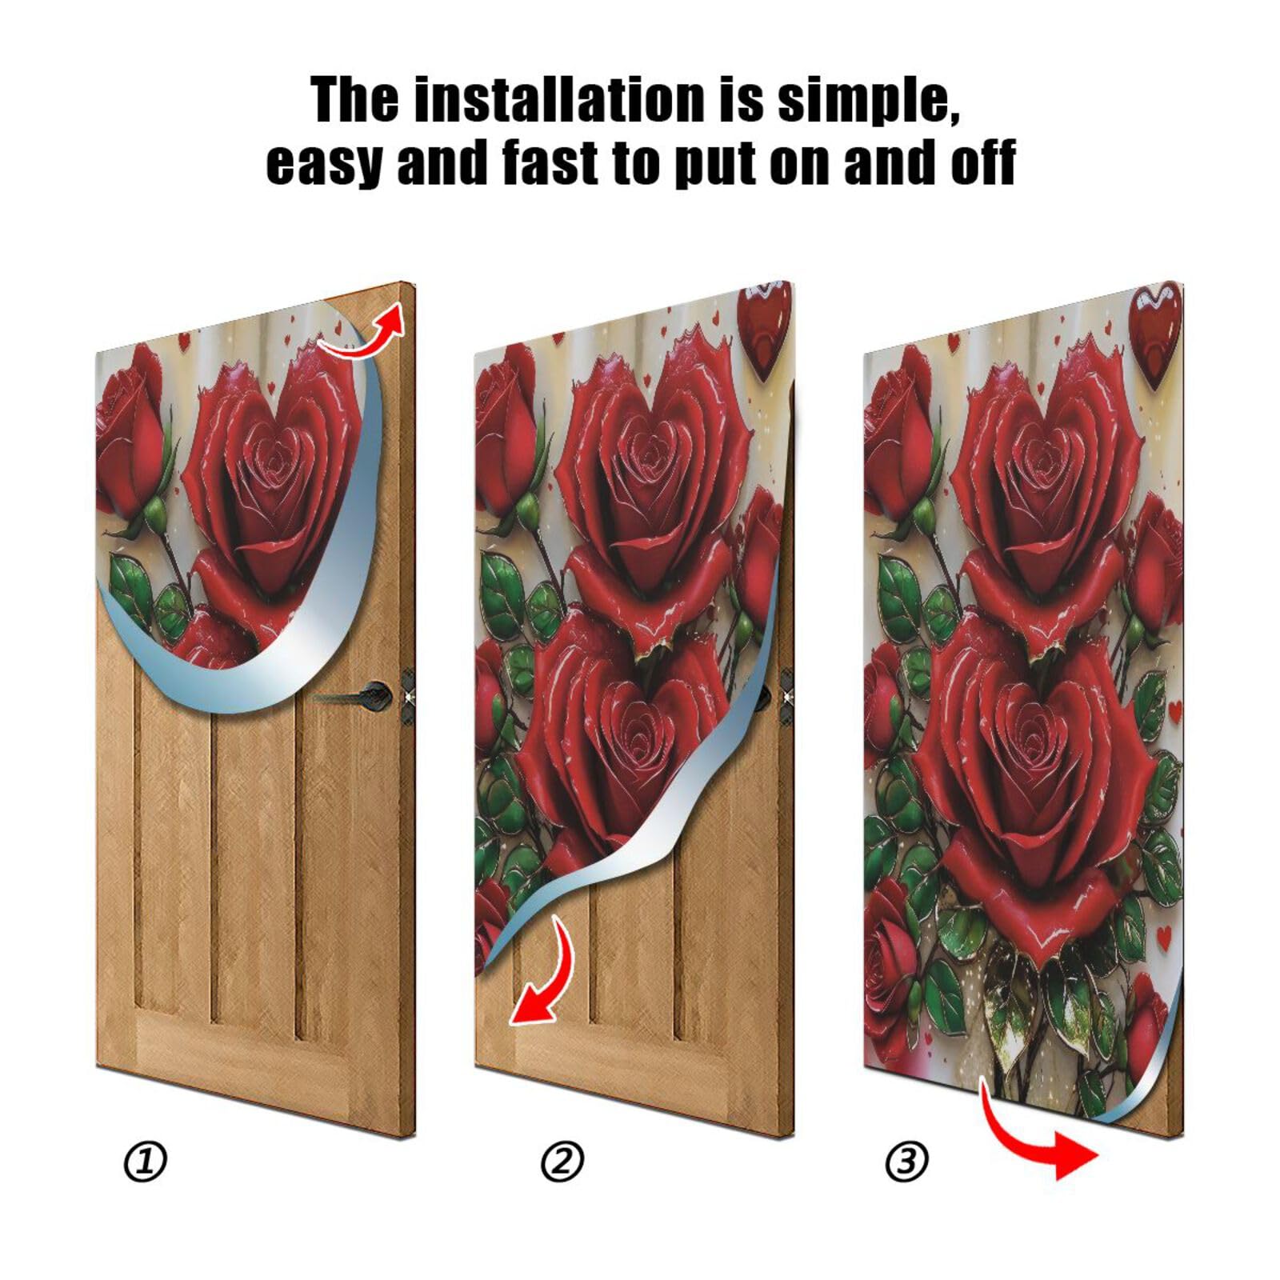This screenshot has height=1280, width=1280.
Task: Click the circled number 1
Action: click(146, 1162)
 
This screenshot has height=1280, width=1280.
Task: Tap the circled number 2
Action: click(562, 1162)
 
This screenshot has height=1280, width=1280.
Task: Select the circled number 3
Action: click(906, 1162)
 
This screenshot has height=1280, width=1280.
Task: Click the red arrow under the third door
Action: click(1040, 1136)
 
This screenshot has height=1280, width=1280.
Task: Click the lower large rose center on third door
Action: click(1032, 736)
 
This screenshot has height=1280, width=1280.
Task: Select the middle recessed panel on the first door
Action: click(253, 864)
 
